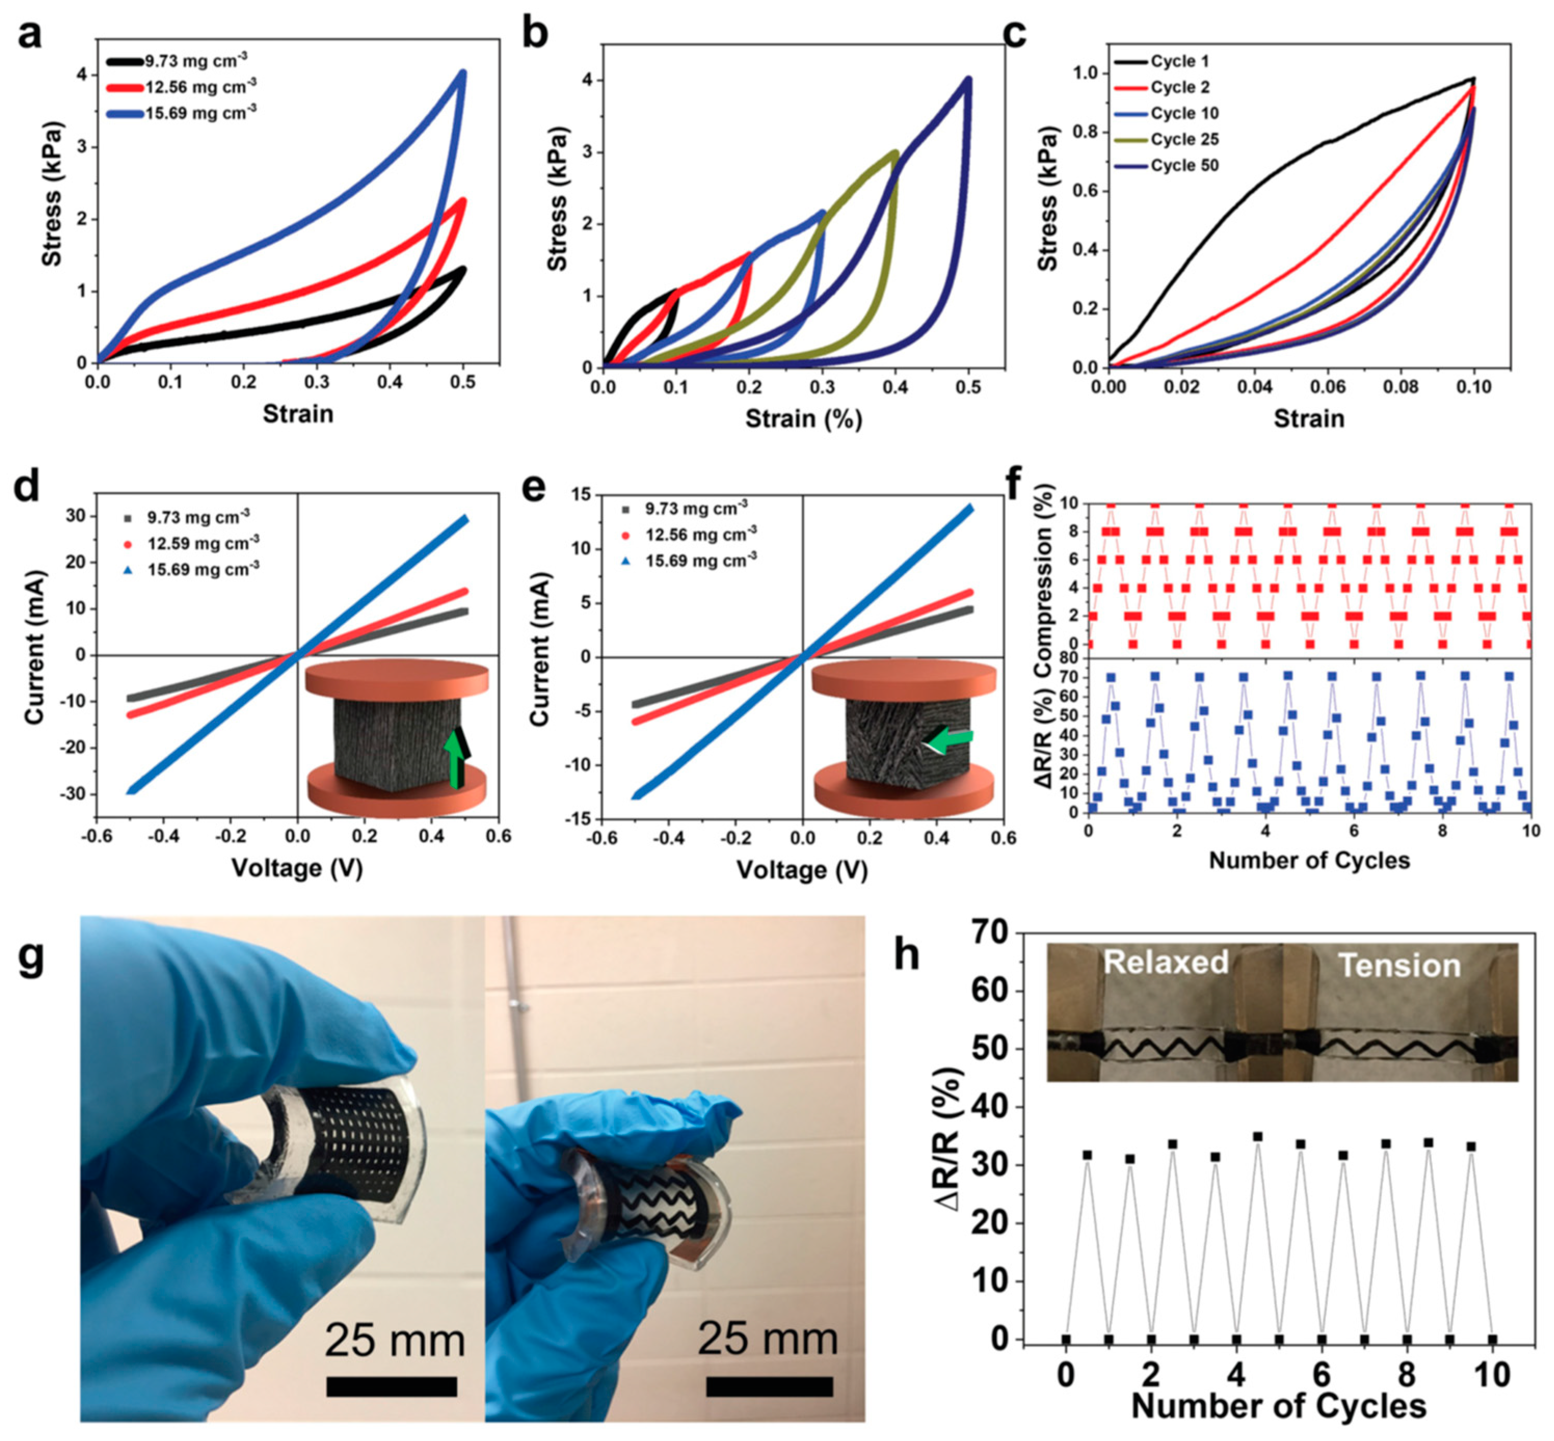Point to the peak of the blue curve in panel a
pos(463,73)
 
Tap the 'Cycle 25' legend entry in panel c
pos(1184,140)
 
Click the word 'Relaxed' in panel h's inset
pos(1165,962)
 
